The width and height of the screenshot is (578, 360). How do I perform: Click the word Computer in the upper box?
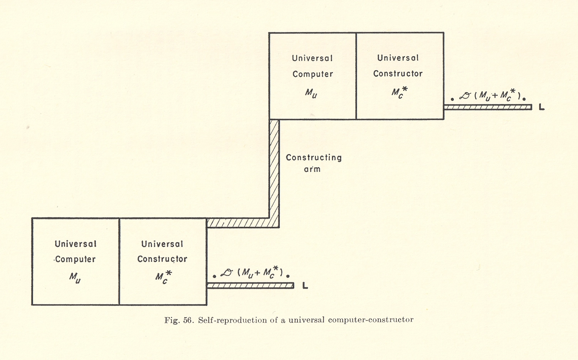(313, 74)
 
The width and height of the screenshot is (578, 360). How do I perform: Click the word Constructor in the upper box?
(398, 74)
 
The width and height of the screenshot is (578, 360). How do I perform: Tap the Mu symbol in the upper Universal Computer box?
(311, 93)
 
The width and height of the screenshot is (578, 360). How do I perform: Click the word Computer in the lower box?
(76, 260)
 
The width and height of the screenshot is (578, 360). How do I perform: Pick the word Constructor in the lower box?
(162, 259)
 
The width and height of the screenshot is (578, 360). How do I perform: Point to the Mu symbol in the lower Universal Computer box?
(75, 278)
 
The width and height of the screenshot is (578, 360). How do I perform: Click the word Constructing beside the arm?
(314, 157)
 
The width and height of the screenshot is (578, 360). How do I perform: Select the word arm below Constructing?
(312, 169)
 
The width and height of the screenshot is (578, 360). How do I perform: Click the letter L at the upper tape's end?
(541, 107)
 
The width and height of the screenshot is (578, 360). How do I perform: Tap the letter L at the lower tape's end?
(305, 286)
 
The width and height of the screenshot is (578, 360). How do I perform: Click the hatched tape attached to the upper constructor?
(487, 107)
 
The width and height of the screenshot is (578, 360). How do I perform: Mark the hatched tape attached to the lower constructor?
(250, 286)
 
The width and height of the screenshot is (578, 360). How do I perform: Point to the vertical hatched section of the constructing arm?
(274, 169)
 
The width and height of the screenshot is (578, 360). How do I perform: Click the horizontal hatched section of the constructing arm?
(239, 223)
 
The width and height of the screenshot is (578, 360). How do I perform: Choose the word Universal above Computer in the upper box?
(312, 58)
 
